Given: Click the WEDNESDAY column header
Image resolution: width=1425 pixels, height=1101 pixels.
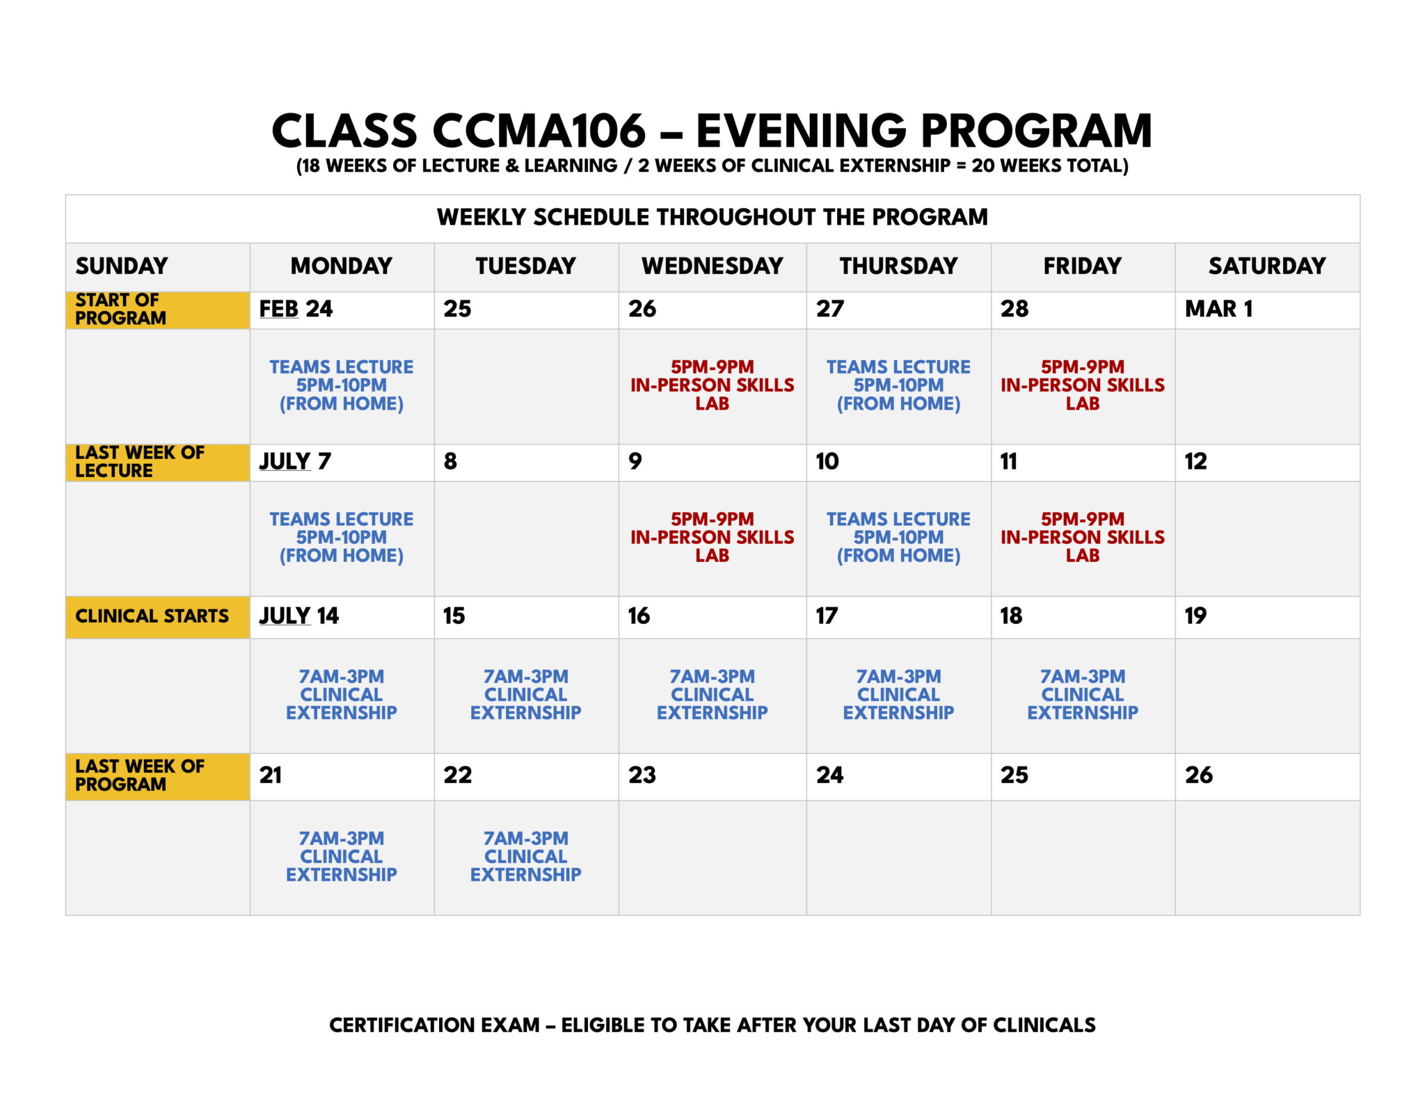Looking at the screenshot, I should pyautogui.click(x=712, y=266).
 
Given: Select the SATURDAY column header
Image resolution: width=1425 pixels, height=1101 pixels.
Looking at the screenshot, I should pyautogui.click(x=1266, y=266).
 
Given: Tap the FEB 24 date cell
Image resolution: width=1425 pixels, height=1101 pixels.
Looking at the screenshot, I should pyautogui.click(x=296, y=309).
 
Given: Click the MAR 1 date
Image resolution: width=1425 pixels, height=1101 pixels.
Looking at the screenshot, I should pyautogui.click(x=1218, y=309).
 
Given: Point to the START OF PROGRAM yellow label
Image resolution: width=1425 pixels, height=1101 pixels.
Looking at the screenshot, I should pyautogui.click(x=121, y=309).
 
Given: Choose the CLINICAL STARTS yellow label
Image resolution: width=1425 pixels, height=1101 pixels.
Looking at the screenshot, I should pyautogui.click(x=152, y=616).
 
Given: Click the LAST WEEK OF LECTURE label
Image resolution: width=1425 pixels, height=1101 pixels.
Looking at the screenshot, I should pyautogui.click(x=139, y=462).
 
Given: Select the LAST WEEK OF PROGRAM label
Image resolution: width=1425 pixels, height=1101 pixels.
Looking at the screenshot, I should pyautogui.click(x=139, y=775).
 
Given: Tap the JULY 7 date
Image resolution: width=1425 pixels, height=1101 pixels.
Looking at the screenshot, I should pyautogui.click(x=295, y=461).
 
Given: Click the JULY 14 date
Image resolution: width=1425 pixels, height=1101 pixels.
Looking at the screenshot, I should pyautogui.click(x=298, y=616).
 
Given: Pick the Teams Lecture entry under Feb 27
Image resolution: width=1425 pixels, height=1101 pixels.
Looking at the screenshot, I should pyautogui.click(x=898, y=385).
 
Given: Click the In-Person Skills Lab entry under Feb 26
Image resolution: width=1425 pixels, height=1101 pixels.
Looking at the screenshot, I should pyautogui.click(x=712, y=385).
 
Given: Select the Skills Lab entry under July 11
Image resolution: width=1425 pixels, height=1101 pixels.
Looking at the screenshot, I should pyautogui.click(x=1082, y=538).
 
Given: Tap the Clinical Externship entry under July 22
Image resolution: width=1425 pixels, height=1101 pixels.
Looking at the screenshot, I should pyautogui.click(x=525, y=856).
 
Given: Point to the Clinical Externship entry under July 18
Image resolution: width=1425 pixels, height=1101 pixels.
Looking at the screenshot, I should pyautogui.click(x=1082, y=694).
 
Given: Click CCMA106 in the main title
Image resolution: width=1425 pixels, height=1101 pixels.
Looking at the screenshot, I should pyautogui.click(x=539, y=131).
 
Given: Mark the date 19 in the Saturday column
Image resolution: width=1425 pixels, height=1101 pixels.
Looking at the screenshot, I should pyautogui.click(x=1195, y=616).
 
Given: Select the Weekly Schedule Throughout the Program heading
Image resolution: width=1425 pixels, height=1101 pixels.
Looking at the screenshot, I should pyautogui.click(x=712, y=217).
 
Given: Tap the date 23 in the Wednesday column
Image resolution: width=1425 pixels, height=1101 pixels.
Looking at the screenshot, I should pyautogui.click(x=642, y=775).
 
